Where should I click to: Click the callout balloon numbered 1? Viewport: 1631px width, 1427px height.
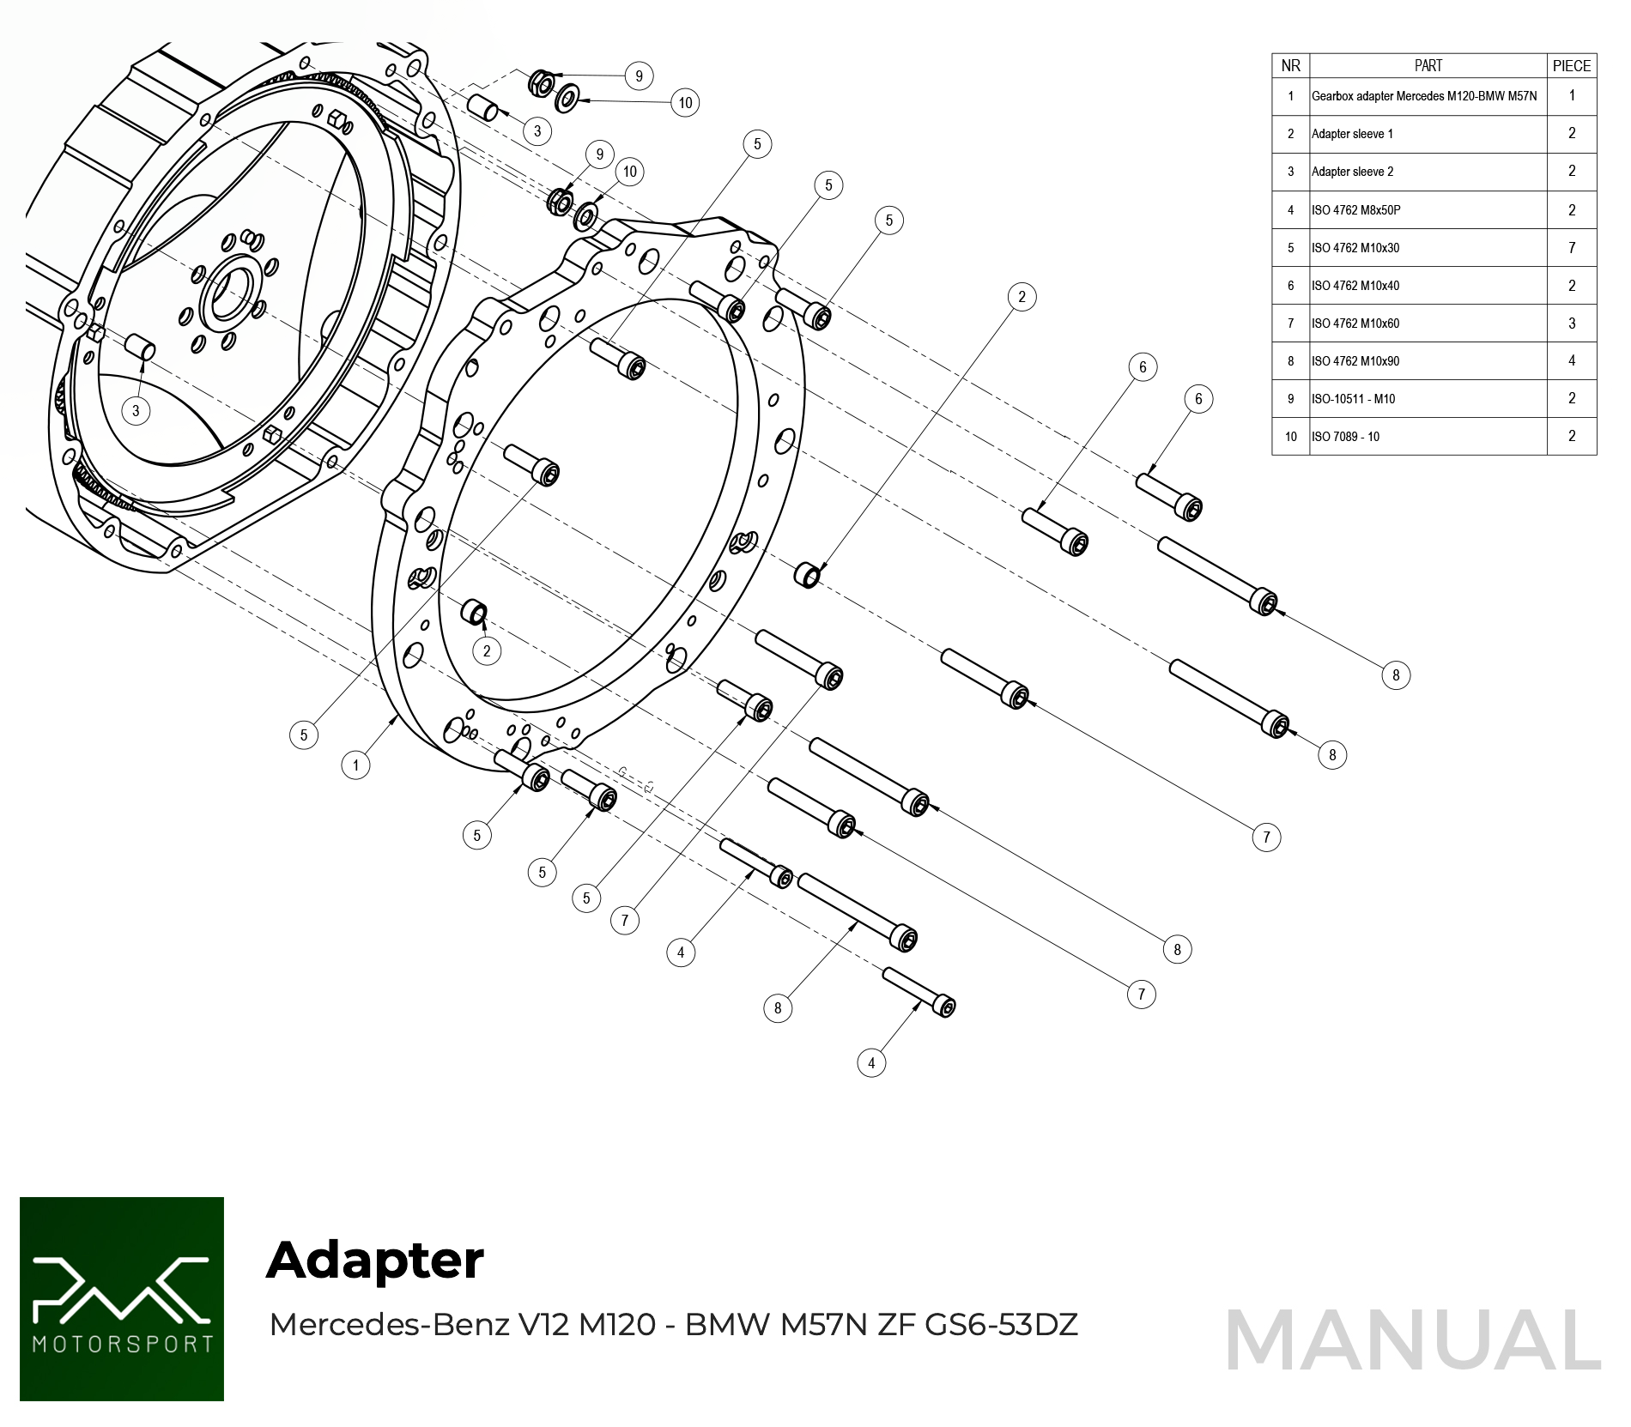(355, 765)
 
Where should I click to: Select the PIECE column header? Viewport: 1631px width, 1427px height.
(1571, 66)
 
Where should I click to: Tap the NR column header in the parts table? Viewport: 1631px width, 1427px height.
(1290, 66)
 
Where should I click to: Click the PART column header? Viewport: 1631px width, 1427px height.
(1428, 66)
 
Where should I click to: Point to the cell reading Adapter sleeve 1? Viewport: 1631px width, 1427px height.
(1352, 134)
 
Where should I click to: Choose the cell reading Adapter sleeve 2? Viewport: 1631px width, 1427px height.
(1352, 172)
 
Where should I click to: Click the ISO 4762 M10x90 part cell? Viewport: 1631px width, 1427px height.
(1355, 361)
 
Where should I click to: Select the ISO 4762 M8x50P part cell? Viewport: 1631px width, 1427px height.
(1355, 210)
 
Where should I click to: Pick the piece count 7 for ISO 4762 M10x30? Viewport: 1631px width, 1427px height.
(1571, 248)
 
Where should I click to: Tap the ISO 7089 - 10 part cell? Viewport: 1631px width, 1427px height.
(1345, 437)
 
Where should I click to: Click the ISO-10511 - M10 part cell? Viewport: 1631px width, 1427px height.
(1353, 399)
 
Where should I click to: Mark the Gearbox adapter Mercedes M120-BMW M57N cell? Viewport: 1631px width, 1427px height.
(1424, 96)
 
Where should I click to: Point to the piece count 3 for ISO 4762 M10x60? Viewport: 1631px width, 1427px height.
(1571, 323)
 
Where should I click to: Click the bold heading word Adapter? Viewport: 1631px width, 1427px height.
(375, 1261)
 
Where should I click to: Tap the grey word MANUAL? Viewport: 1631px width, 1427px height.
(1413, 1341)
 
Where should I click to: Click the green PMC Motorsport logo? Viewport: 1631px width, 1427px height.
(122, 1299)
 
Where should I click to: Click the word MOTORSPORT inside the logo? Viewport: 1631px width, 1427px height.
(122, 1344)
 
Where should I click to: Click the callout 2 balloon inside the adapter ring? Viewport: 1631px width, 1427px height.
(487, 650)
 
